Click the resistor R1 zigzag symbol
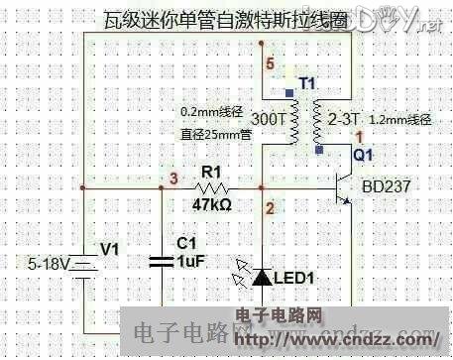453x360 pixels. point(209,186)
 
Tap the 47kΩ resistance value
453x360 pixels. point(211,205)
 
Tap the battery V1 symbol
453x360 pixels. point(86,264)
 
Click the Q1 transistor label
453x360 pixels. point(364,154)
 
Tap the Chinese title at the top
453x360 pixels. point(224,19)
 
